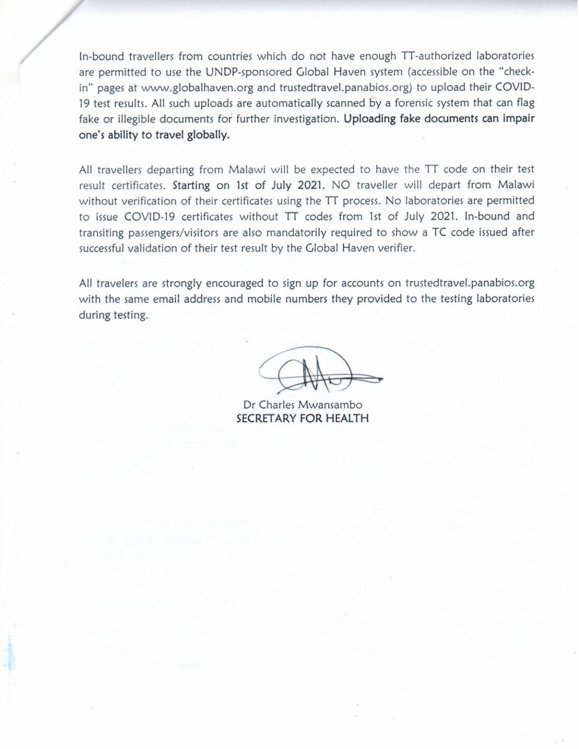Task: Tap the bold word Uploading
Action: click(x=370, y=119)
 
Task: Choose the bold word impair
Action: click(x=518, y=119)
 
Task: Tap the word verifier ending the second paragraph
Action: click(x=396, y=248)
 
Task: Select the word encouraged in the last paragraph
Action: click(x=235, y=283)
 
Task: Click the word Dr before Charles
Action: click(x=250, y=405)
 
